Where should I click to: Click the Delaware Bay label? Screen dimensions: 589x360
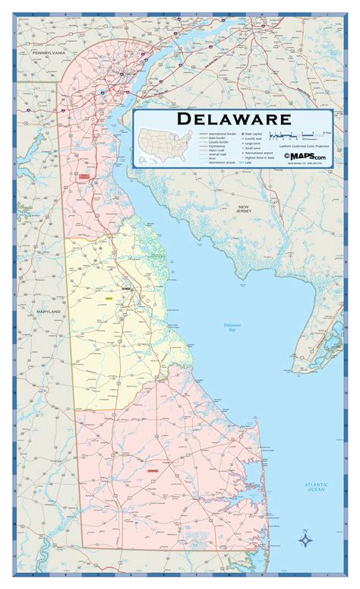[x=232, y=328]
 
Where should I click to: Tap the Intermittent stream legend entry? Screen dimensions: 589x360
[x=216, y=163]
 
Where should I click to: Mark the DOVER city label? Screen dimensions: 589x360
[x=126, y=290]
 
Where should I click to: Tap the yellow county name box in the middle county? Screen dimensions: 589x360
[x=109, y=299]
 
